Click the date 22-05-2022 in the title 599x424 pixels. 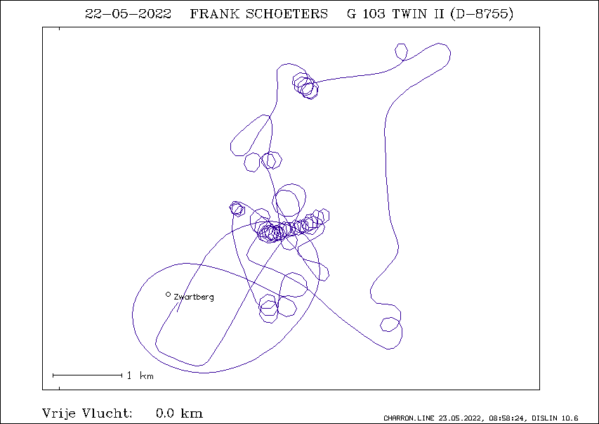[x=128, y=14]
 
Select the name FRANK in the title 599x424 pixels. [x=214, y=14]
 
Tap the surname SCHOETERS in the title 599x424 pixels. [x=287, y=14]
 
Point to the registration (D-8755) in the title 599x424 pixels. [x=482, y=14]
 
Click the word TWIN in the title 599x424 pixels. [x=409, y=14]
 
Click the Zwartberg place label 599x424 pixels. [x=194, y=297]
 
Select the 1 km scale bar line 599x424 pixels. [x=88, y=375]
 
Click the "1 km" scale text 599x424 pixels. [x=140, y=375]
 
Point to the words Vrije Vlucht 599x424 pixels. [x=87, y=413]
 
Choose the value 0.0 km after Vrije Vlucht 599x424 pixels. [x=179, y=413]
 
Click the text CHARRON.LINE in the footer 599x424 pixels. [x=409, y=418]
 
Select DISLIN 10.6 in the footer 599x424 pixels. [x=555, y=418]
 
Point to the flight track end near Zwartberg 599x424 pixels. [x=177, y=311]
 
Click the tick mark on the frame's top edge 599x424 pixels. [x=59, y=29]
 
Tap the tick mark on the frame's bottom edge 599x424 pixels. [x=59, y=388]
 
